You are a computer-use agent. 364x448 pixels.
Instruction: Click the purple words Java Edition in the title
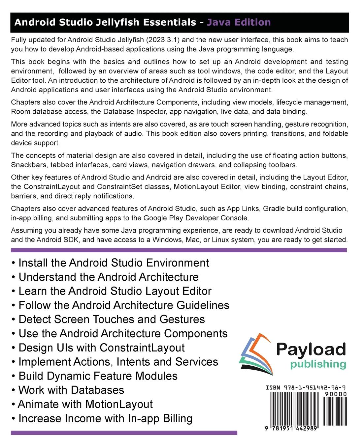click(x=239, y=22)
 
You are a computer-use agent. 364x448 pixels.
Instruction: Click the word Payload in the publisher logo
click(x=311, y=350)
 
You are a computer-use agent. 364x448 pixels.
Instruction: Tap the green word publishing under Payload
click(x=318, y=364)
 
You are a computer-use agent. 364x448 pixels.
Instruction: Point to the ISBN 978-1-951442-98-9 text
click(x=306, y=388)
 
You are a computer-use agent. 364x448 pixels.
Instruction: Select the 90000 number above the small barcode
click(x=336, y=394)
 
